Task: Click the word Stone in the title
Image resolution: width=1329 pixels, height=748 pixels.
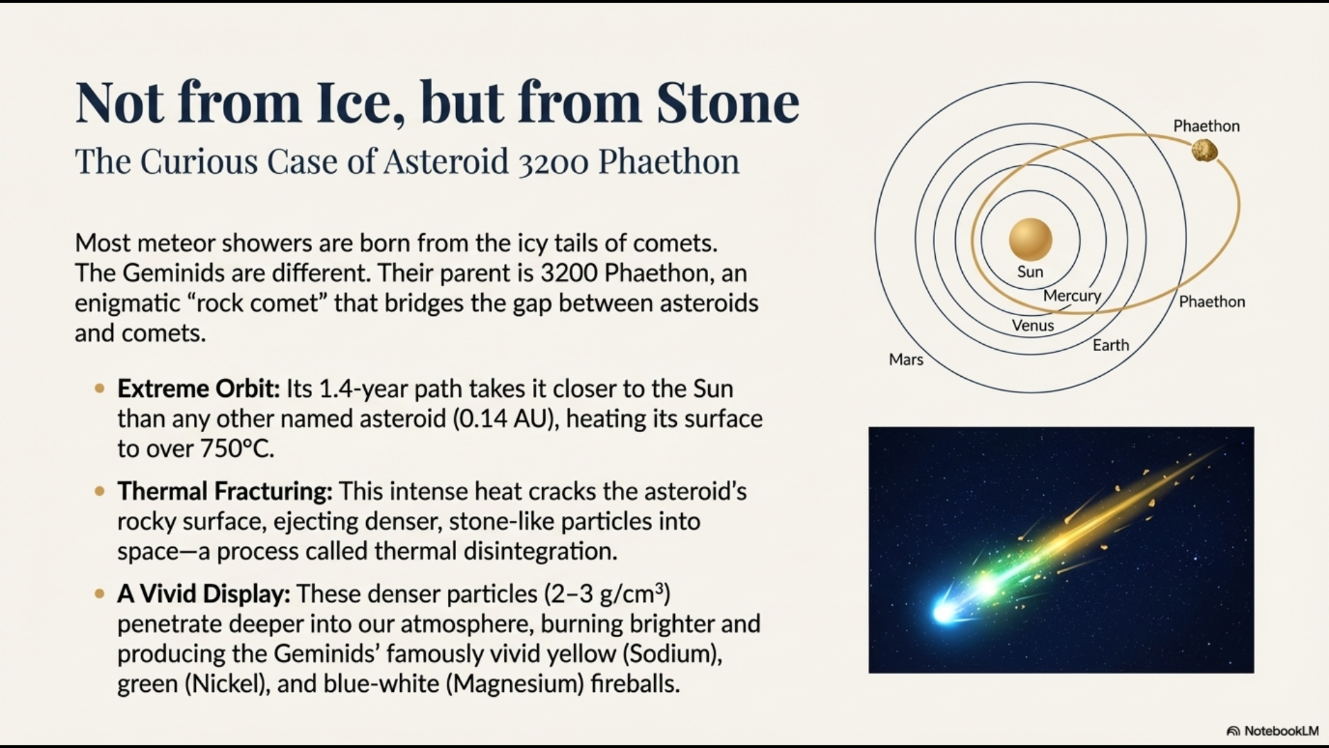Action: (x=727, y=103)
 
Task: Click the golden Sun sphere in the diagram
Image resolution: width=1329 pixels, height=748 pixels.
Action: (x=1030, y=239)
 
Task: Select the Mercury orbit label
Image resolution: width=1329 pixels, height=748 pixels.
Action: (x=1072, y=296)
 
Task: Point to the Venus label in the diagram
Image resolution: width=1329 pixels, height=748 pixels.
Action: (x=1032, y=326)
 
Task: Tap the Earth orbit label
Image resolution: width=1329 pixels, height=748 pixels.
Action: (x=1110, y=345)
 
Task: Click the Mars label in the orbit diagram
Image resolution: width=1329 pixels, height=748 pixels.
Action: (x=905, y=359)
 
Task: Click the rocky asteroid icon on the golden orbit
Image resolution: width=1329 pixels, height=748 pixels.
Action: (x=1204, y=150)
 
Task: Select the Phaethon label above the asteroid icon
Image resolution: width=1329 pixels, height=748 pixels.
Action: (x=1206, y=126)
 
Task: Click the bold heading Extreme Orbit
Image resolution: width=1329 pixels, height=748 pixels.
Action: (x=198, y=389)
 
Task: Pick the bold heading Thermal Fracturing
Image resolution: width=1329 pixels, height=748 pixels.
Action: (x=224, y=491)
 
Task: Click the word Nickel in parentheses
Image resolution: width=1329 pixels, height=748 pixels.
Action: (x=226, y=684)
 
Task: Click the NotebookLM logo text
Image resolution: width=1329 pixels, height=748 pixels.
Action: (x=1280, y=731)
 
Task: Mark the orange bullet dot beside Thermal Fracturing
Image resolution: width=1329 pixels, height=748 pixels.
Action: (x=100, y=491)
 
